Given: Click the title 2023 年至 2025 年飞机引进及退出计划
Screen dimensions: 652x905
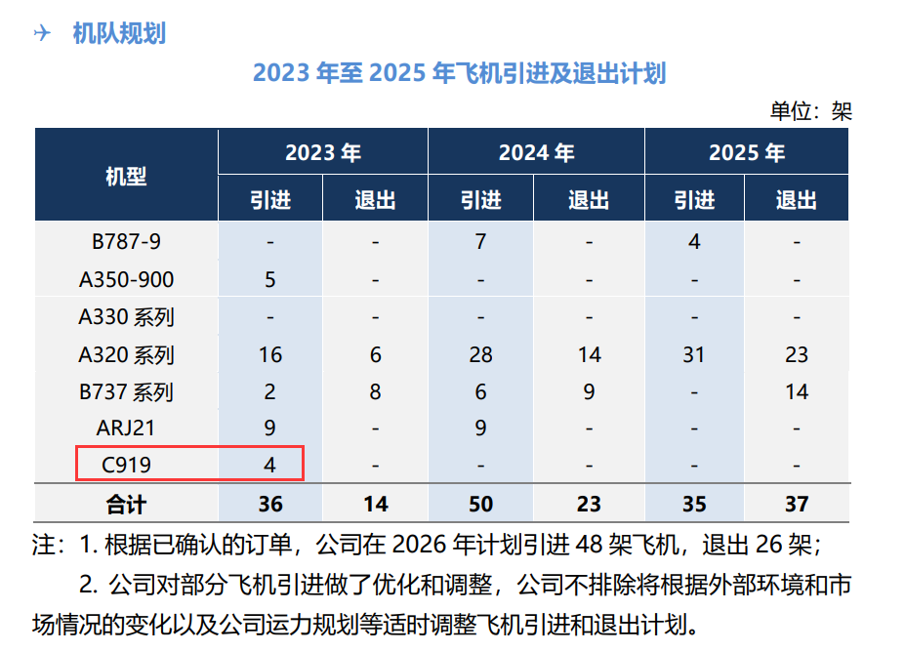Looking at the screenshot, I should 459,73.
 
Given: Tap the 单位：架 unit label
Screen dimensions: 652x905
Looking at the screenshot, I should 810,110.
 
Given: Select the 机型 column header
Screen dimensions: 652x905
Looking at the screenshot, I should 126,176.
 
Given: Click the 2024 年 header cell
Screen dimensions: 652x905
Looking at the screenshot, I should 536,152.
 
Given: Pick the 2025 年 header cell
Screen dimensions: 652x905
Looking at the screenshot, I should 747,152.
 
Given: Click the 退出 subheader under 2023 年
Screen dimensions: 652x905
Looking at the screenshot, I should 375,200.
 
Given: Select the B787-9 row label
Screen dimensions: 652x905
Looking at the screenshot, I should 126,241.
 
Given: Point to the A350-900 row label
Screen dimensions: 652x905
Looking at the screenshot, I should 126,279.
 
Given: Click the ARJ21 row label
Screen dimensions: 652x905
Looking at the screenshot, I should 126,428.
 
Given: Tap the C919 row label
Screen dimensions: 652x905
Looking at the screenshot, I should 126,466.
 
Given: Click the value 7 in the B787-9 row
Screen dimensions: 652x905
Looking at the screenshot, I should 480,241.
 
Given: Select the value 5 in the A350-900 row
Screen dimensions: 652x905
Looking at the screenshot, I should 270,279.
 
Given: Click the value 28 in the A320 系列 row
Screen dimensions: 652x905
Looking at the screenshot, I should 480,354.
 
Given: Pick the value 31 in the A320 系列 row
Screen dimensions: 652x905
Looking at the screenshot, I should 693,354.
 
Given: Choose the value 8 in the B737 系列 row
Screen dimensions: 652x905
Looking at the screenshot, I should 375,391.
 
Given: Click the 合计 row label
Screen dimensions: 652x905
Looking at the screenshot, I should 126,504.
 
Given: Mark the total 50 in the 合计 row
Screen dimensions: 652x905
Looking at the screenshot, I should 480,504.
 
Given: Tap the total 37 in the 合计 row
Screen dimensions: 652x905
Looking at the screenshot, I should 797,504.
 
